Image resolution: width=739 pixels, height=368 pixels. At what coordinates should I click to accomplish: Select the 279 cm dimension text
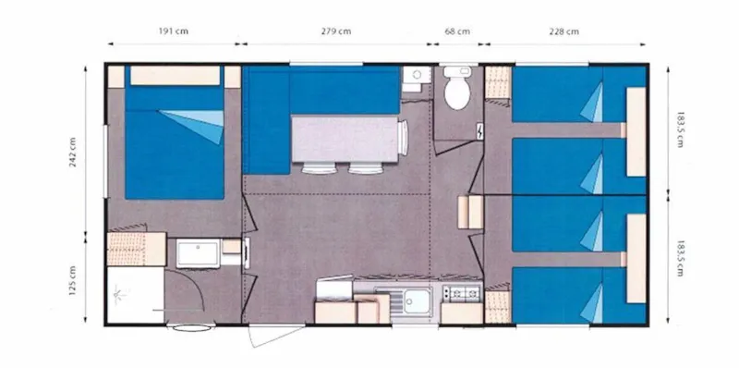click(x=335, y=31)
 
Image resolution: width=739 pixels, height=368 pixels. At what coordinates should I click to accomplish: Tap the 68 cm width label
click(x=457, y=31)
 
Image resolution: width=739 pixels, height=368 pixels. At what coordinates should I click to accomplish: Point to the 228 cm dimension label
click(x=563, y=31)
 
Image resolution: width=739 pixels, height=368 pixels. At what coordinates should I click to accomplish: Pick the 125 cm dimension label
click(x=72, y=277)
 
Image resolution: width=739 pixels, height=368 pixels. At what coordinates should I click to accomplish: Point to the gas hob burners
click(x=461, y=293)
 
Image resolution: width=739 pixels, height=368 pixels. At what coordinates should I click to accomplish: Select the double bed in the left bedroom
click(x=174, y=148)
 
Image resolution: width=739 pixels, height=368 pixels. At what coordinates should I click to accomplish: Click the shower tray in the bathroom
click(x=134, y=295)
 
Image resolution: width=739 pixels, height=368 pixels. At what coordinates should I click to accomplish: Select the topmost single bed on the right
click(x=568, y=97)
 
